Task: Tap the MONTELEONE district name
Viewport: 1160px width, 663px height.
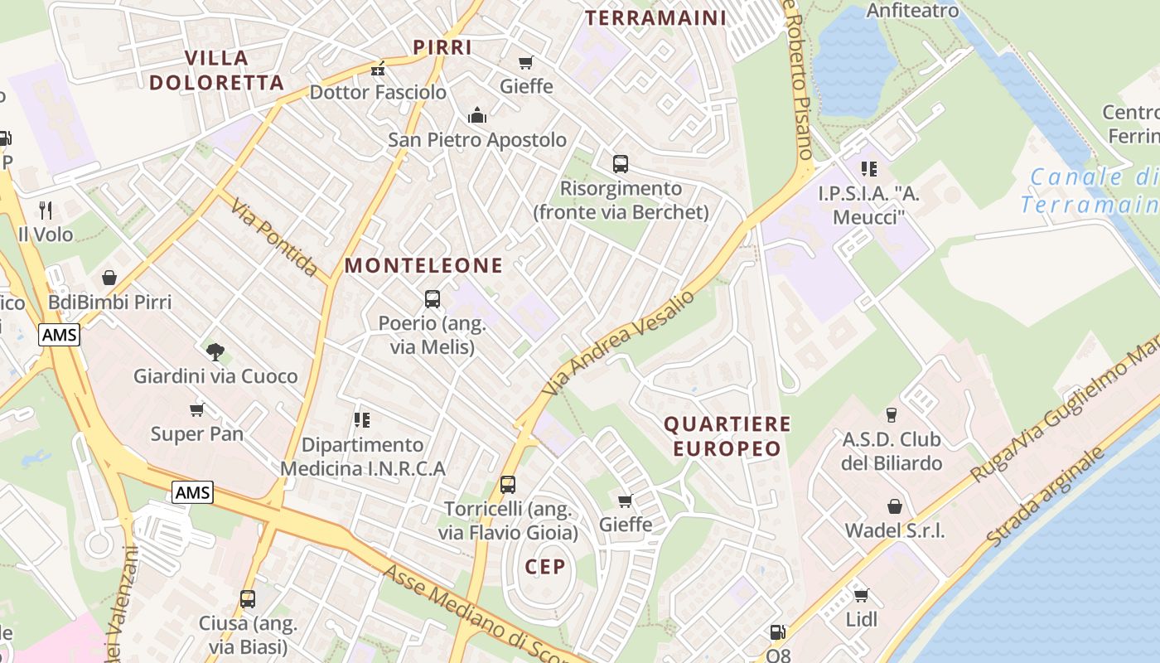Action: [423, 265]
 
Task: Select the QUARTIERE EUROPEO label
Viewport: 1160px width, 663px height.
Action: [727, 437]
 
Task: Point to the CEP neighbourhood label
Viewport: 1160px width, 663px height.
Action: [545, 567]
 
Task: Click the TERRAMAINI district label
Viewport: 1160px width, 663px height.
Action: [655, 17]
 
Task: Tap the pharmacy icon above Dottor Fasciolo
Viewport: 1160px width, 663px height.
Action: [379, 69]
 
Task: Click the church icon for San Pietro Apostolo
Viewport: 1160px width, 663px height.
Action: [477, 116]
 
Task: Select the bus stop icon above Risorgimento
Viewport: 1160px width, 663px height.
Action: [621, 164]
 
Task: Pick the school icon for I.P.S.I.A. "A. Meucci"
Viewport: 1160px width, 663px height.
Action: [868, 170]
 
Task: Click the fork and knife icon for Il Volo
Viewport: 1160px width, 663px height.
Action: [46, 211]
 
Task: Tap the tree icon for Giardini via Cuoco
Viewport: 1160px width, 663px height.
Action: [215, 352]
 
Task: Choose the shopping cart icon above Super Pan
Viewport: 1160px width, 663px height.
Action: [197, 409]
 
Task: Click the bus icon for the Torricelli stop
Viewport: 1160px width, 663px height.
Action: [508, 484]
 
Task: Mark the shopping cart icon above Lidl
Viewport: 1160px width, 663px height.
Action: [862, 595]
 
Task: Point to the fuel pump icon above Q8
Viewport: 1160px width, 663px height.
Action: [777, 632]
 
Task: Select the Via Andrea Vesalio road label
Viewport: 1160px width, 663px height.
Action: [619, 342]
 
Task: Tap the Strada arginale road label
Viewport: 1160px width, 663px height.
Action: [1046, 497]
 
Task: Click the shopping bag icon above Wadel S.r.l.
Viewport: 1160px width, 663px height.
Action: [895, 506]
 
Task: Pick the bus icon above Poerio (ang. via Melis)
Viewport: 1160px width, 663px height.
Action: [433, 299]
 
